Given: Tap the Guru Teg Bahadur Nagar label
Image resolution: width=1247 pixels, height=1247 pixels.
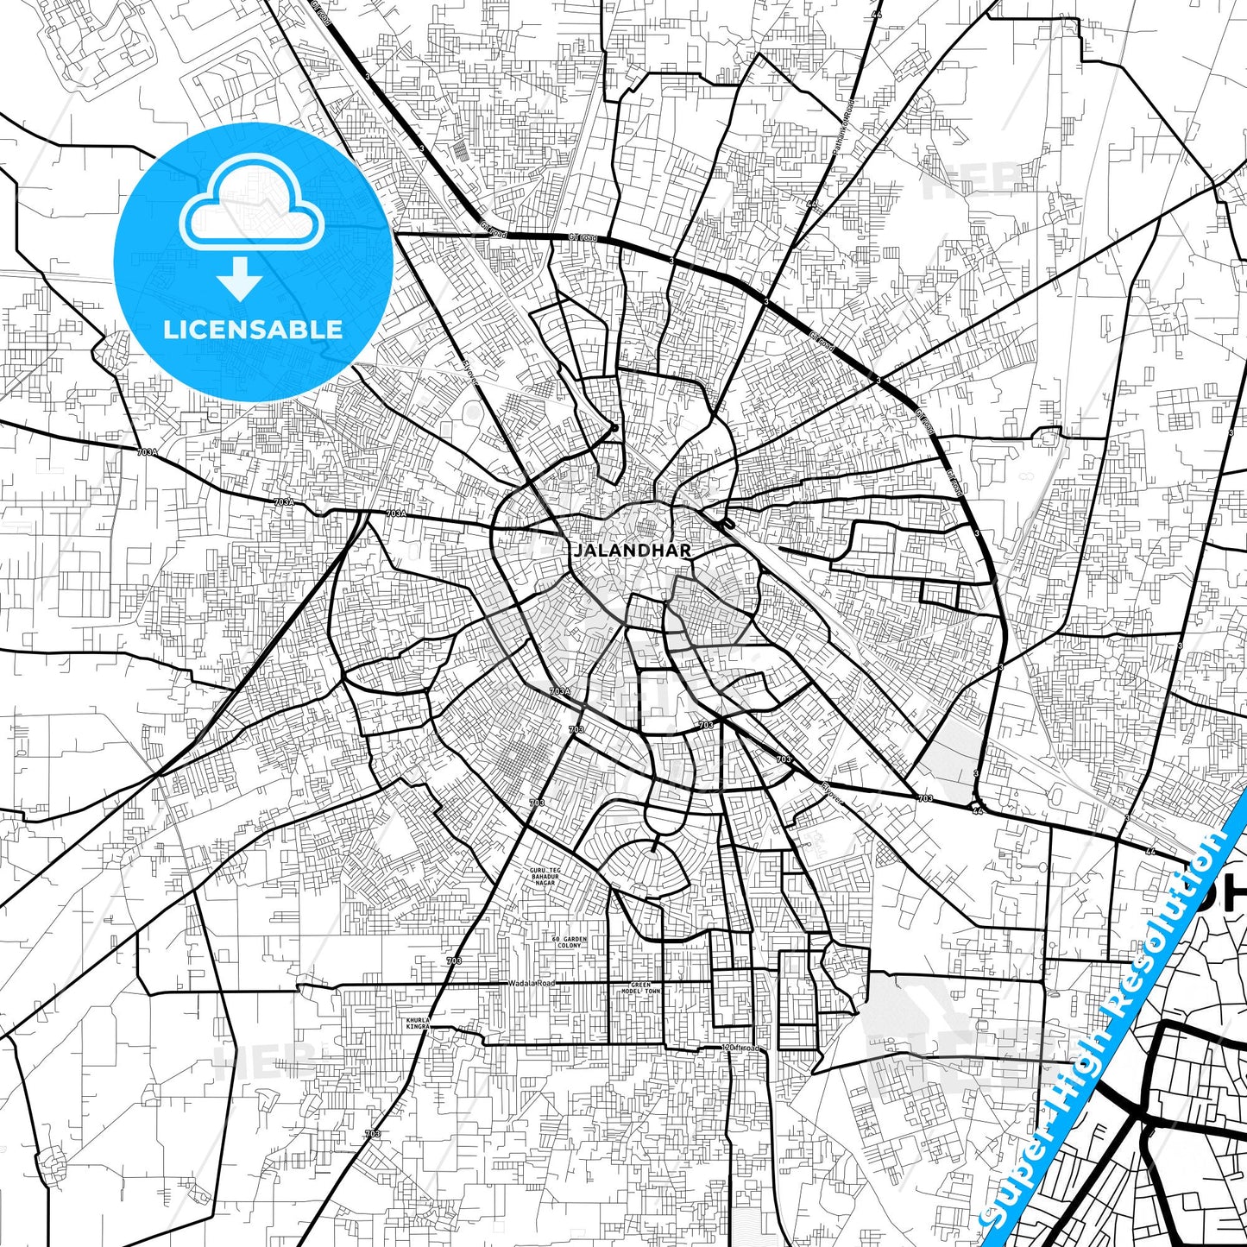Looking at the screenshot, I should tap(545, 876).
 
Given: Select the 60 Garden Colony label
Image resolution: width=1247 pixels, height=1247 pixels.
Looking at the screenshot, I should tap(570, 942).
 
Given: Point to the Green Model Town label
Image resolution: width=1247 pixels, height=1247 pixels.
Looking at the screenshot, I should tap(645, 988).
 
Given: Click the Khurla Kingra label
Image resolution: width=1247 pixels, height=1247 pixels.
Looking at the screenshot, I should tap(418, 1023).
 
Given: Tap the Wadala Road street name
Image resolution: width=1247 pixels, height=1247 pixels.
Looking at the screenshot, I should tap(532, 983).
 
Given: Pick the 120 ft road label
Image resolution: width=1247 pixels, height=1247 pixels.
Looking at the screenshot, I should tap(741, 1048).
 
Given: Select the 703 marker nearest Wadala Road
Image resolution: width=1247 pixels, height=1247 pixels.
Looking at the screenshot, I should tap(454, 960).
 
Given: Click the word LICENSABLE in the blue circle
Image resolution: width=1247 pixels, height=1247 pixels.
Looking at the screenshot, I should tap(253, 329).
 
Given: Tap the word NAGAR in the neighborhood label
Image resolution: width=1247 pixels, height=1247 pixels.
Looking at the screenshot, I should tap(545, 883).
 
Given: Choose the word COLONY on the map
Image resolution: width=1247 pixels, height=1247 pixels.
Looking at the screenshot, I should tap(570, 946).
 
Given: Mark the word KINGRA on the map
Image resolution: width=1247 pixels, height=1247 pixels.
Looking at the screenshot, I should tap(418, 1027).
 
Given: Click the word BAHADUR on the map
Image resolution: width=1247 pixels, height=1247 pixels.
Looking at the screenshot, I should tap(545, 877).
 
